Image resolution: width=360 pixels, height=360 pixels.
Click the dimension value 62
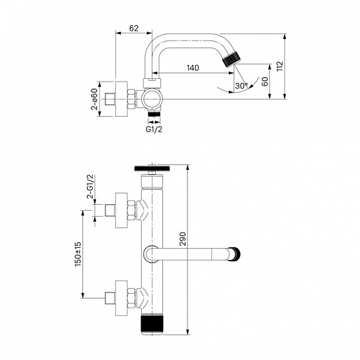pyautogui.click(x=135, y=29)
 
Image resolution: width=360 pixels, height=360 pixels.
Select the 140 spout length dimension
pyautogui.click(x=193, y=68)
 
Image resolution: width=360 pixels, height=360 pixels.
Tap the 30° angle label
pyautogui.click(x=241, y=86)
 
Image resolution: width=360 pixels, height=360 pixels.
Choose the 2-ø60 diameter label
pyautogui.click(x=94, y=99)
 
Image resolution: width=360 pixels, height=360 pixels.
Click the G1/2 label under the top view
pyautogui.click(x=153, y=129)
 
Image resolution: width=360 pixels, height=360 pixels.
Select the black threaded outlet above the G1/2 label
pyautogui.click(x=153, y=114)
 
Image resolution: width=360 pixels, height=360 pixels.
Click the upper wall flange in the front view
pyautogui.click(x=121, y=210)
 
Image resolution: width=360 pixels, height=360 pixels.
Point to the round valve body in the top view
pyautogui.click(x=153, y=100)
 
